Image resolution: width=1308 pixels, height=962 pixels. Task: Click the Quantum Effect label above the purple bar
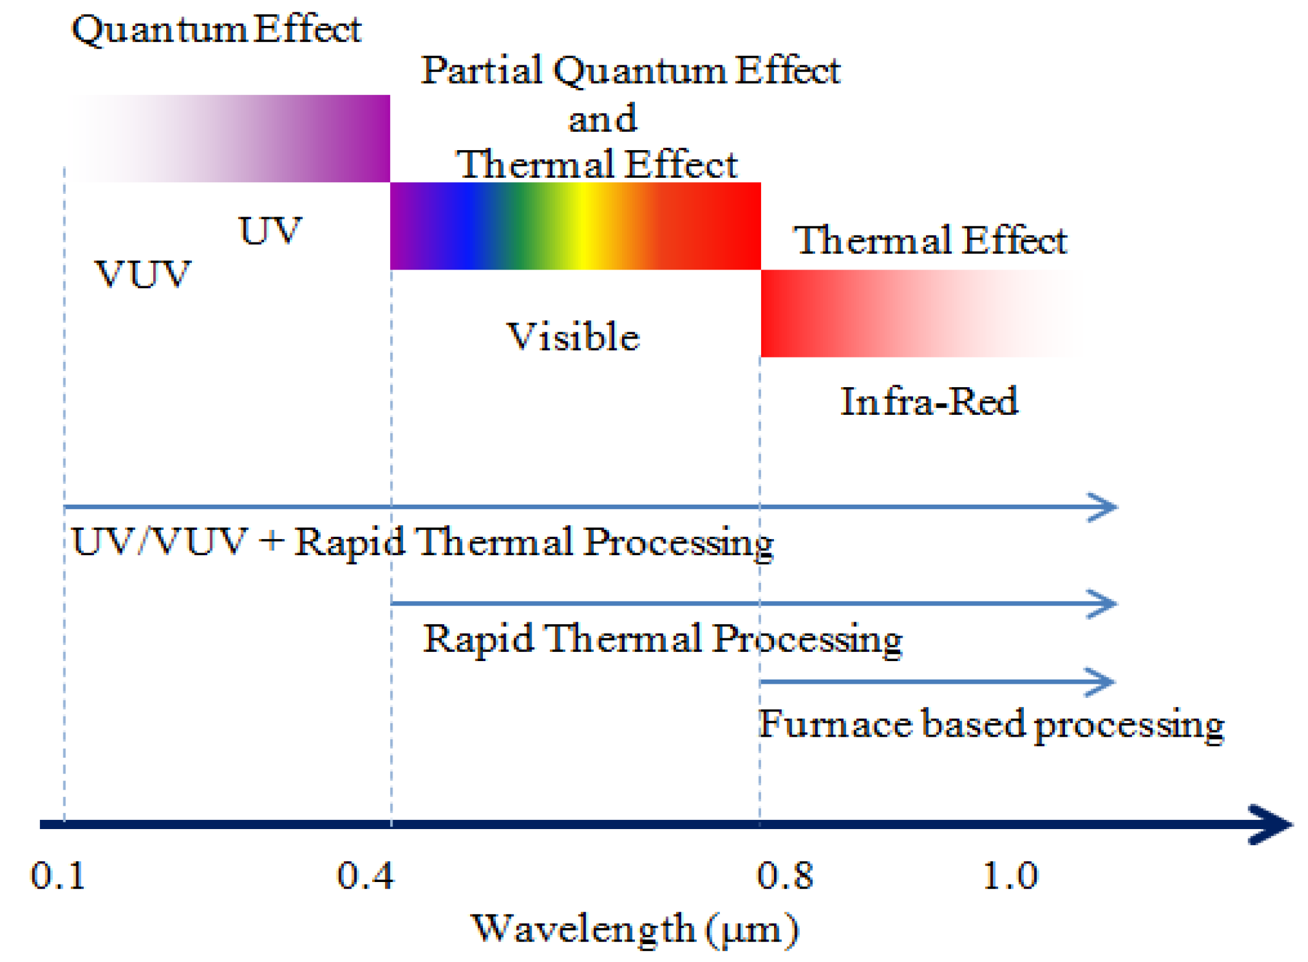click(217, 30)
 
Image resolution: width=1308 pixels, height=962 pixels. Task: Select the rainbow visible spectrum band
click(575, 226)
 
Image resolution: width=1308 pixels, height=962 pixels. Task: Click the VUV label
click(143, 275)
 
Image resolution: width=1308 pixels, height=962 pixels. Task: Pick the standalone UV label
click(269, 231)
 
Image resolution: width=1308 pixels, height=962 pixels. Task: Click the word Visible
click(573, 337)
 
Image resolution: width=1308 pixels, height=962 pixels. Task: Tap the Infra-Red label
click(929, 402)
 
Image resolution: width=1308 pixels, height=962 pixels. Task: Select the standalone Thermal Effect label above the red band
click(930, 240)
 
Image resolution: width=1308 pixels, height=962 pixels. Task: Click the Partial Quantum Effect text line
click(631, 71)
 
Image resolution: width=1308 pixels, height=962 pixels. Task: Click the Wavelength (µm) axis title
click(635, 929)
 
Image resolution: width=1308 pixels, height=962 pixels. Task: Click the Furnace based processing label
click(991, 725)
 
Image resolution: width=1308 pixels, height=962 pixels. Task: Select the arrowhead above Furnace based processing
click(1101, 682)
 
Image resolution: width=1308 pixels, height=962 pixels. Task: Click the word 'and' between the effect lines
click(602, 119)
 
